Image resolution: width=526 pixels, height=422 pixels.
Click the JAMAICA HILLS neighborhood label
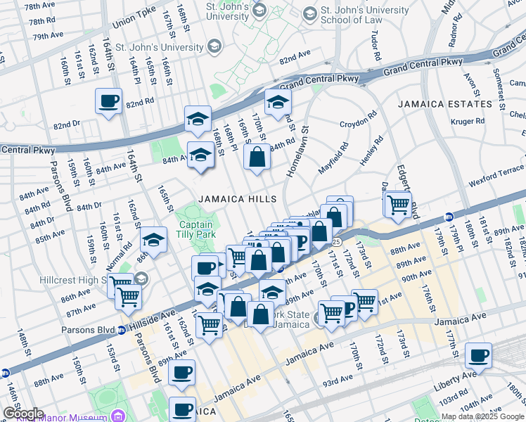(x=236, y=199)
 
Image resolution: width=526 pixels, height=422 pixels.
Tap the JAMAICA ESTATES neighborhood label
(x=444, y=104)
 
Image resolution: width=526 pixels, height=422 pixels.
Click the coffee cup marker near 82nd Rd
(x=108, y=102)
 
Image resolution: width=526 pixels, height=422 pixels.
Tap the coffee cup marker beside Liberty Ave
(x=479, y=356)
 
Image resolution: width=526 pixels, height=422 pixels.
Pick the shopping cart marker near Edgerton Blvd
(x=399, y=204)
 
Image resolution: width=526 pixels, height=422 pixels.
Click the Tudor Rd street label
(x=376, y=45)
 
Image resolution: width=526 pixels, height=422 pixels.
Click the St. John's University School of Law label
(x=366, y=15)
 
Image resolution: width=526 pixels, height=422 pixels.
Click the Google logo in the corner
(x=23, y=414)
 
